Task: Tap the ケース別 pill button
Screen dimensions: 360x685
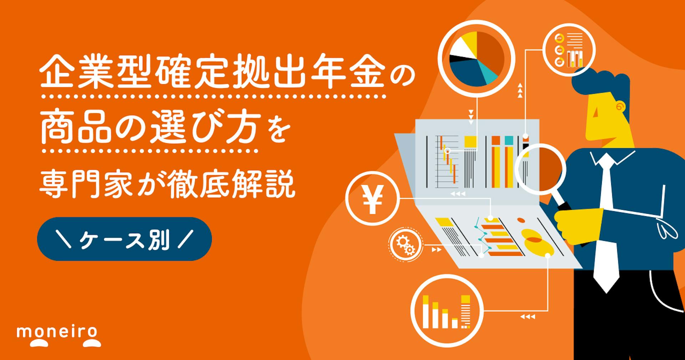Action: pyautogui.click(x=124, y=239)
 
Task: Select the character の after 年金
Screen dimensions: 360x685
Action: pyautogui.click(x=400, y=76)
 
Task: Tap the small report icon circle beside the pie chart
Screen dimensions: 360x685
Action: pyautogui.click(x=569, y=50)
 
